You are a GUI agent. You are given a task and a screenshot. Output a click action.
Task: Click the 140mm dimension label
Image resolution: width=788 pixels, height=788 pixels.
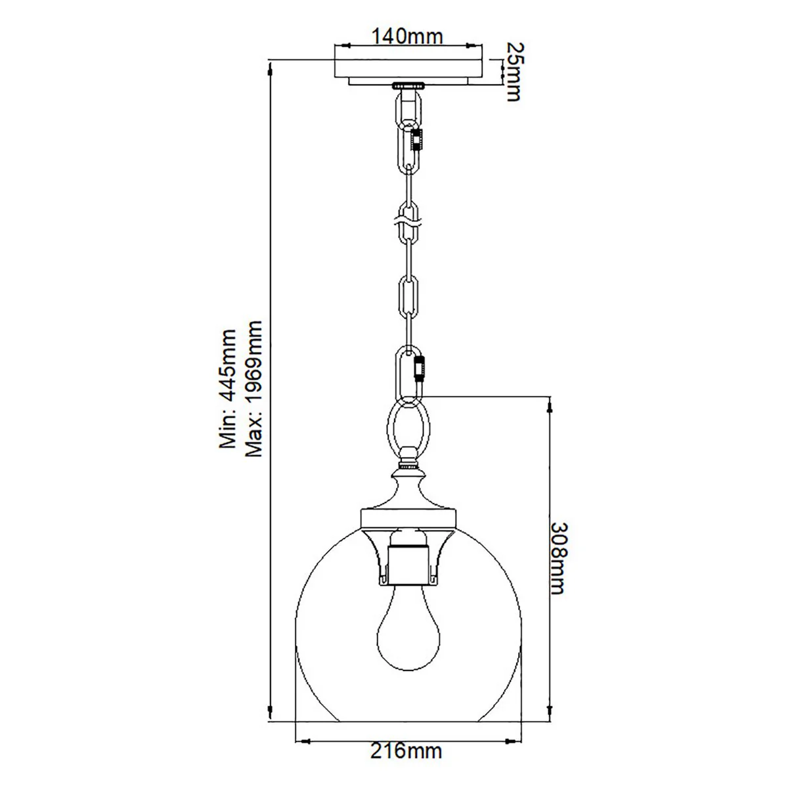pyautogui.click(x=407, y=36)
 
